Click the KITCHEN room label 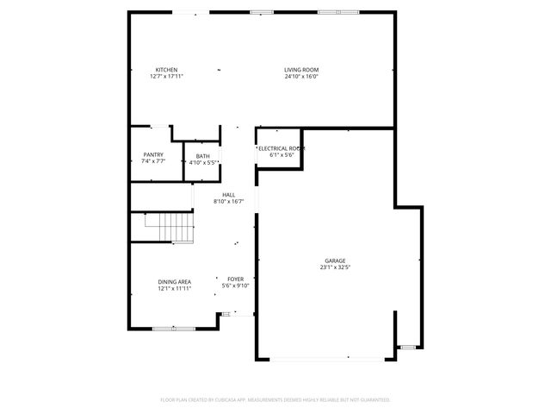click(166, 70)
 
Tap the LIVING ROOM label click(301, 70)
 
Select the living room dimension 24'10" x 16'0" click(301, 76)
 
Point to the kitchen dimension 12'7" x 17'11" click(166, 76)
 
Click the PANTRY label click(153, 155)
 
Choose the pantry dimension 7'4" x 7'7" click(153, 161)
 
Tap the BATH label click(202, 155)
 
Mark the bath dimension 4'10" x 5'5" click(202, 161)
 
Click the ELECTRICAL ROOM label click(281, 149)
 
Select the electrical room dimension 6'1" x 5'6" click(281, 155)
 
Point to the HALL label click(228, 195)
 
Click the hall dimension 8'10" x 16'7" click(228, 201)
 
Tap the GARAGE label click(335, 260)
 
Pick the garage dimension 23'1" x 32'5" click(335, 267)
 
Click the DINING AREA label click(174, 282)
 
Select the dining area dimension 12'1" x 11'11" click(174, 288)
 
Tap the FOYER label click(235, 279)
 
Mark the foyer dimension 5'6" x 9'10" click(235, 285)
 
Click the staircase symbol click(170, 228)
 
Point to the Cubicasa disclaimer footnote click(275, 400)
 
